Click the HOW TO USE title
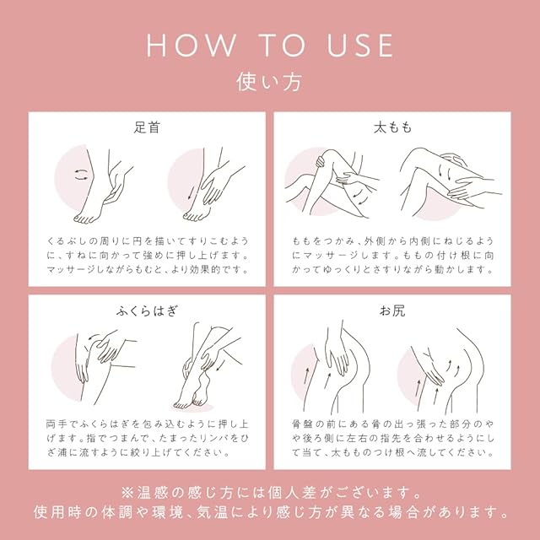[x=270, y=46]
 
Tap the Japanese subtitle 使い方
[x=269, y=82]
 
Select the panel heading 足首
[x=147, y=127]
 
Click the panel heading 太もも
[x=392, y=127]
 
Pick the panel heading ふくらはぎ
[x=147, y=311]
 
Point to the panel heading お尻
[x=392, y=311]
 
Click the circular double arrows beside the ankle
[x=82, y=175]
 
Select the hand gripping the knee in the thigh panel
[x=321, y=161]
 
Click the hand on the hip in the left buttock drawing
[x=336, y=357]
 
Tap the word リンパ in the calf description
[x=216, y=438]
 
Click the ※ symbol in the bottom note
[x=127, y=493]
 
